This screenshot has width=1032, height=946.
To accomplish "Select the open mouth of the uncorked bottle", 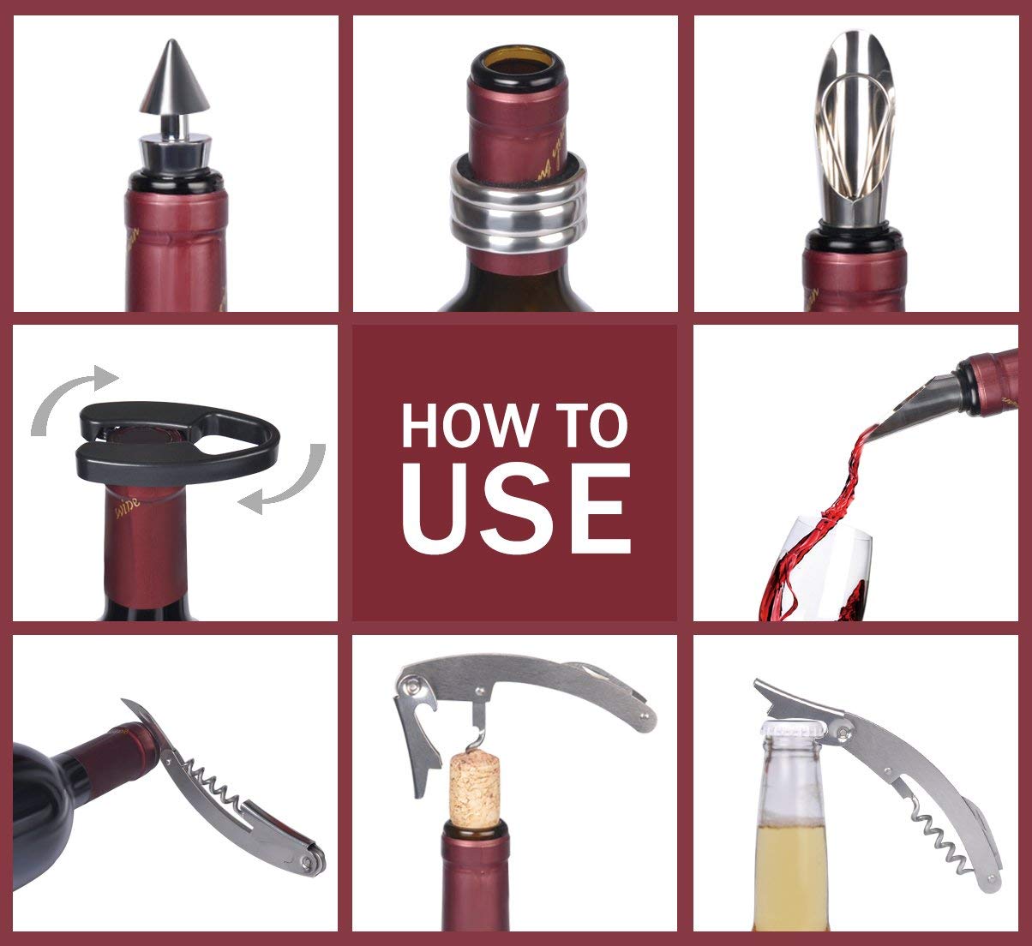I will pyautogui.click(x=517, y=63).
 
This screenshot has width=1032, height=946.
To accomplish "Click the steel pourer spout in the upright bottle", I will pyautogui.click(x=855, y=129).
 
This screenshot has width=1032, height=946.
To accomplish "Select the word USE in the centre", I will pyautogui.click(x=515, y=511).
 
